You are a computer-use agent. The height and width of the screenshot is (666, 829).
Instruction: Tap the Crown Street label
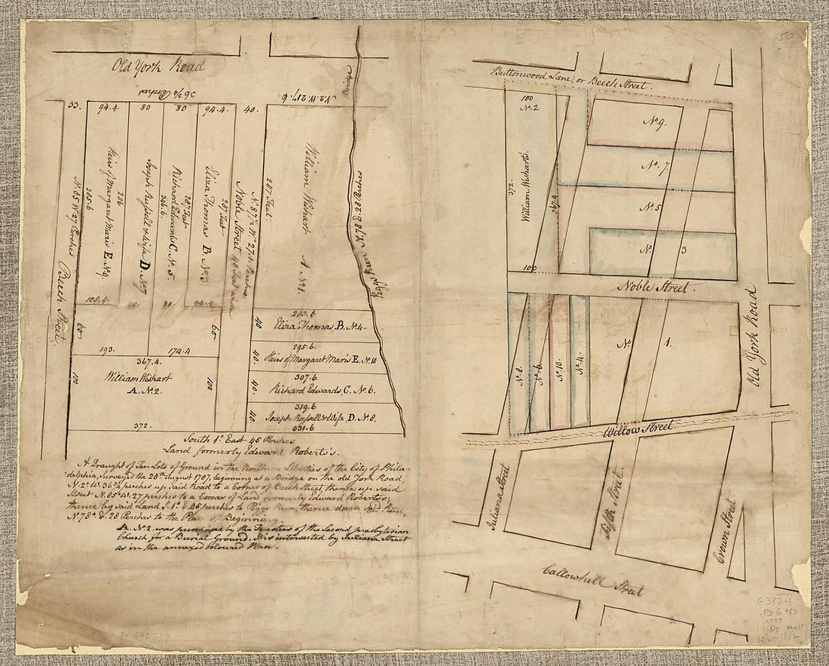click(x=726, y=534)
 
